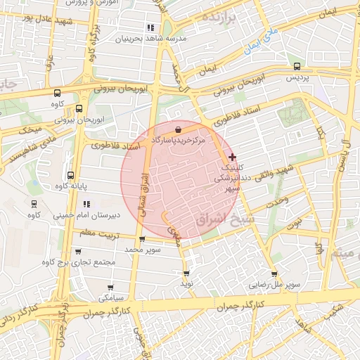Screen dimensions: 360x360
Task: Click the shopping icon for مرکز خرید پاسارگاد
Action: (178, 129)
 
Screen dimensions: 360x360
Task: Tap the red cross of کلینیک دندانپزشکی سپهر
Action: (233, 156)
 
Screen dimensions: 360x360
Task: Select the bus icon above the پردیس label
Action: (297, 66)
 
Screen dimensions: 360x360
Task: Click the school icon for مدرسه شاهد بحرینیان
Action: (150, 27)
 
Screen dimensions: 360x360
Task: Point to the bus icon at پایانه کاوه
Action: (70, 175)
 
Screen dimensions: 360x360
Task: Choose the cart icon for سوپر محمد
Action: (142, 239)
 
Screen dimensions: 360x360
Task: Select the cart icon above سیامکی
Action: (110, 287)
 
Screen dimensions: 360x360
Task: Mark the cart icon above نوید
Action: (186, 273)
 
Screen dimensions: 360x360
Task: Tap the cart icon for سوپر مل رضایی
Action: (274, 274)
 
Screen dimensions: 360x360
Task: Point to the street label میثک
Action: (32, 131)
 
